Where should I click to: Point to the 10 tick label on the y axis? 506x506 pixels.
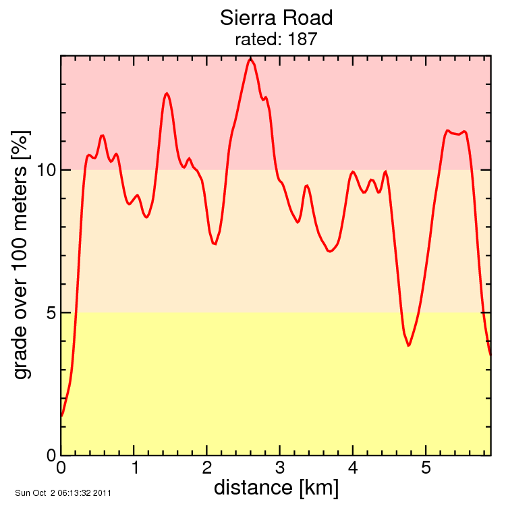click(44, 170)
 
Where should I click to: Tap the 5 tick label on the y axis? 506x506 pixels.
click(49, 312)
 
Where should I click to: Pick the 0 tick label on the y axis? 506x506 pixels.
click(49, 455)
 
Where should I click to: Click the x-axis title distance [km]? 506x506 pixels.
click(276, 487)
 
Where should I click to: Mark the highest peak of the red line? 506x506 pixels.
click(251, 59)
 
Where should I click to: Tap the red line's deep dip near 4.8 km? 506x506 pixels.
click(408, 346)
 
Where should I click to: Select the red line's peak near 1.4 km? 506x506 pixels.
click(167, 93)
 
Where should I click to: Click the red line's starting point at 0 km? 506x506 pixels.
click(61, 416)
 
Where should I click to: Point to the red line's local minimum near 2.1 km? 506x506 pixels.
click(215, 244)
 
